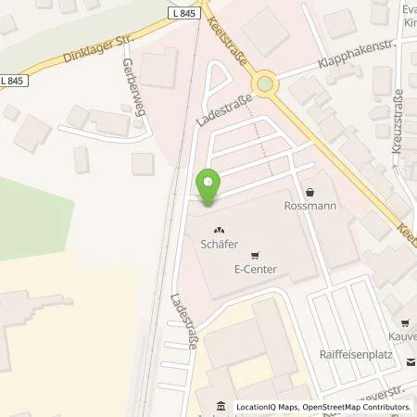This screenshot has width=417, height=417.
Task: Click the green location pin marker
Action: [208, 188]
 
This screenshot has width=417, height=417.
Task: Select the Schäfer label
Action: [220, 246]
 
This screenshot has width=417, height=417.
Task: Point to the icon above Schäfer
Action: [220, 232]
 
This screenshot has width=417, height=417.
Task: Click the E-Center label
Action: [256, 270]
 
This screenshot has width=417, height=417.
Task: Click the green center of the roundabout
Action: [267, 85]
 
